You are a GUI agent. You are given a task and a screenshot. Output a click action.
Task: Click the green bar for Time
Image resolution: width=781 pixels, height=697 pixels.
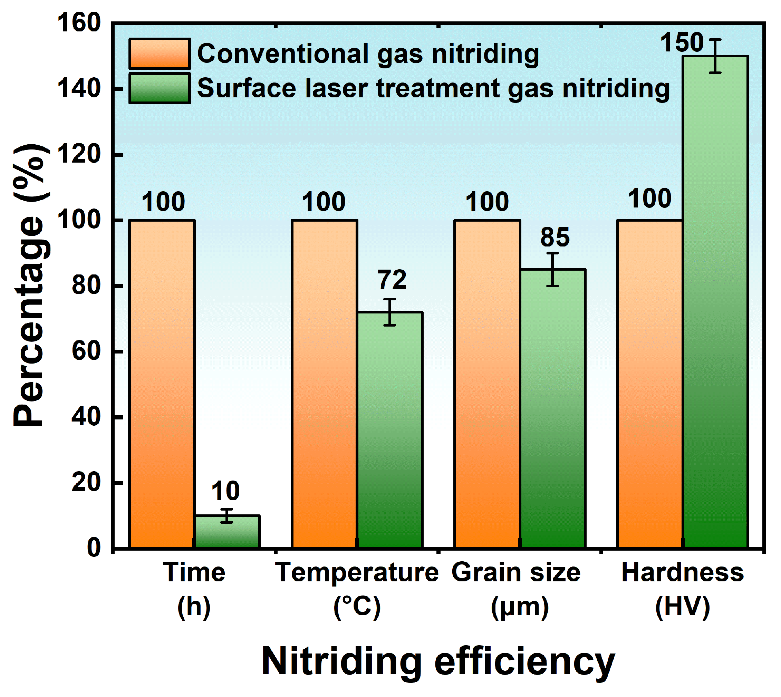click(x=228, y=531)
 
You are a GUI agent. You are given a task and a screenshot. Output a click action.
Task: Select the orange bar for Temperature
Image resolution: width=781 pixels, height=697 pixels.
click(x=325, y=383)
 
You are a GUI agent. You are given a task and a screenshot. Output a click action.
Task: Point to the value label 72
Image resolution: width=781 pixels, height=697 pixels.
click(x=392, y=280)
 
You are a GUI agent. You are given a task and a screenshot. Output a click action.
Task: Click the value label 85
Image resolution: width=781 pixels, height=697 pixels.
click(x=555, y=238)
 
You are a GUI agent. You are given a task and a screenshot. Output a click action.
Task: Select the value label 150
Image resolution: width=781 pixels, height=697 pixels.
click(x=682, y=42)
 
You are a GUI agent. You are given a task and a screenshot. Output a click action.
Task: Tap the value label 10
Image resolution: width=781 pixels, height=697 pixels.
click(x=225, y=491)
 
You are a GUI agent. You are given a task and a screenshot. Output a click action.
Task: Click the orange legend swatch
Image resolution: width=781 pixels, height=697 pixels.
click(x=159, y=54)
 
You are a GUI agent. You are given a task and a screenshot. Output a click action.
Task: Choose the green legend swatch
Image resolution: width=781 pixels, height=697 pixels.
click(x=159, y=88)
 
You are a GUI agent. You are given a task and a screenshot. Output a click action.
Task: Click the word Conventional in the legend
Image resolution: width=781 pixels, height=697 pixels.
click(x=283, y=54)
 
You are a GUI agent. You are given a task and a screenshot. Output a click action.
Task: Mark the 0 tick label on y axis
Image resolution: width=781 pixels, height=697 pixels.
click(x=94, y=548)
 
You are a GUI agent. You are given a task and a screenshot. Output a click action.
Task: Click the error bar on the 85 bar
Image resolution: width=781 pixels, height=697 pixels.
click(x=552, y=269)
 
